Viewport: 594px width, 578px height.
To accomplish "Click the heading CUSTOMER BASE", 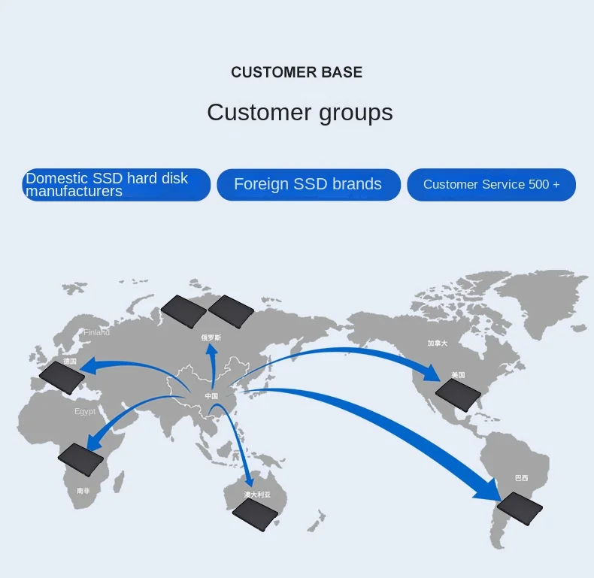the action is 296,72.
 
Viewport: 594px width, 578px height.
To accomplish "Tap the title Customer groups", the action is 299,113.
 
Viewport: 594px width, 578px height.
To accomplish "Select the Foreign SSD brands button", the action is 308,184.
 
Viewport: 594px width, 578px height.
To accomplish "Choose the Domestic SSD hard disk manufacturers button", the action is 116,185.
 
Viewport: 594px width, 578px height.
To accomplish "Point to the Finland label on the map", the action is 96,332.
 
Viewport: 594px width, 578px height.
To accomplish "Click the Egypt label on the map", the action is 85,411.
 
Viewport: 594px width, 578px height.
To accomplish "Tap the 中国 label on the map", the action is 211,396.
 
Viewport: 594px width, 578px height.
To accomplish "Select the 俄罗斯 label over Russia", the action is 211,338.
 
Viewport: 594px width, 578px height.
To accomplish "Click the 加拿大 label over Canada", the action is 437,343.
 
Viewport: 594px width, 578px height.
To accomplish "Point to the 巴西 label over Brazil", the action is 521,478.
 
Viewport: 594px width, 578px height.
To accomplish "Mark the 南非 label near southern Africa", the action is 83,491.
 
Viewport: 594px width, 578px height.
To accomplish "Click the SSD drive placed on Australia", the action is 255,516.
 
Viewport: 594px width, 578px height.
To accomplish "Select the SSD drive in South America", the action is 520,508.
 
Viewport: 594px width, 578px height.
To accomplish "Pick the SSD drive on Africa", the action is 81,459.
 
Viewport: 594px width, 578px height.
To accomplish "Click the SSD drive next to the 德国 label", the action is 62,377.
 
